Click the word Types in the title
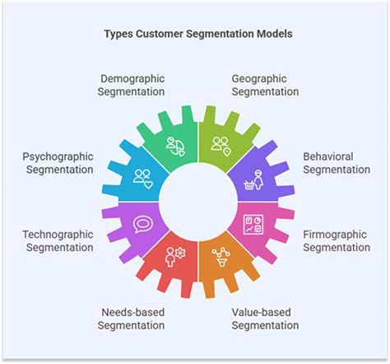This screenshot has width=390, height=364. tap(121, 35)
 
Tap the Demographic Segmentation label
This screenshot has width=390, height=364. tap(132, 86)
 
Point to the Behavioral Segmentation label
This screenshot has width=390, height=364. tap(337, 162)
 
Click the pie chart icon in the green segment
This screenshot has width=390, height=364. tap(175, 145)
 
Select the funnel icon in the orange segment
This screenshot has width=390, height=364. tap(220, 254)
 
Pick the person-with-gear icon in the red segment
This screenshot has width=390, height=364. tap(175, 254)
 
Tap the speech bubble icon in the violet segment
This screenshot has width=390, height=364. tap(143, 223)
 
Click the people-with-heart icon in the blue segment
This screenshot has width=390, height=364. tap(143, 177)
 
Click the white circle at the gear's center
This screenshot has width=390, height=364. tap(197, 200)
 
